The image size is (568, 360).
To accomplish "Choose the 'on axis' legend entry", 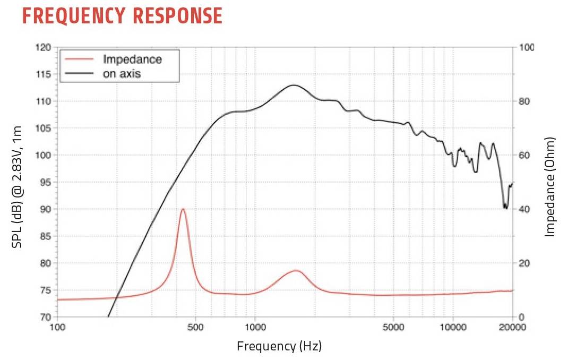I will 122,73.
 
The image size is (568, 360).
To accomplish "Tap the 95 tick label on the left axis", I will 46,182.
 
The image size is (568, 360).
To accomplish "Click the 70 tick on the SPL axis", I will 46,317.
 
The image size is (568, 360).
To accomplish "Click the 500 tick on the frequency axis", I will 195,327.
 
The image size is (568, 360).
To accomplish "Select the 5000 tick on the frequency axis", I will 393,327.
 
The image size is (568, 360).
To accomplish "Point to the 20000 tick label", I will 512,327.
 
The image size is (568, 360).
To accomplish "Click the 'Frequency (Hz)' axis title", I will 279,347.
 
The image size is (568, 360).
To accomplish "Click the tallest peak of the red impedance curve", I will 183,209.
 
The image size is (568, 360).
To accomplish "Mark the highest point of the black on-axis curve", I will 293,85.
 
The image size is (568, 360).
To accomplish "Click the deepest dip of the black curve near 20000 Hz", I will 505,208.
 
